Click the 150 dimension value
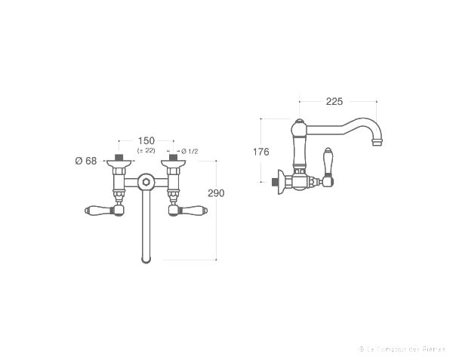(146, 141)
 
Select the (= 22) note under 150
(146, 152)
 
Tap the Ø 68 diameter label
(85, 160)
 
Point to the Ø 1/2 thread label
(190, 152)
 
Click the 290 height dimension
(216, 193)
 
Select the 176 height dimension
(260, 152)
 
